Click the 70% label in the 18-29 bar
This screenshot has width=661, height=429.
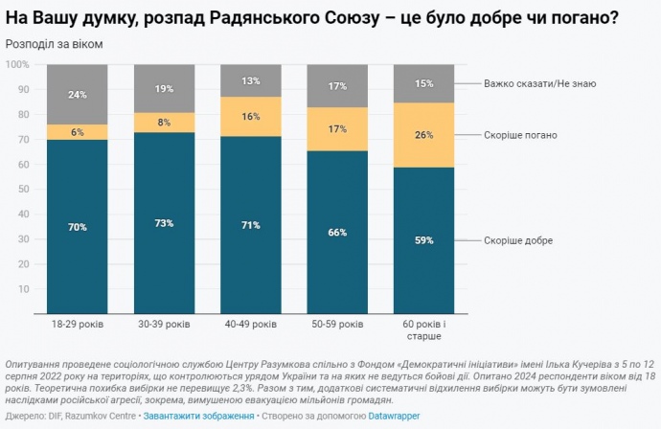(x=78, y=227)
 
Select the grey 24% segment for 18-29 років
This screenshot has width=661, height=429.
(x=78, y=95)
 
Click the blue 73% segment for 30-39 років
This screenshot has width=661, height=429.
(x=165, y=223)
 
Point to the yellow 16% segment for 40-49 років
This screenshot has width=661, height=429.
(x=251, y=116)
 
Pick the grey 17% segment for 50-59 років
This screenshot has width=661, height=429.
(x=338, y=86)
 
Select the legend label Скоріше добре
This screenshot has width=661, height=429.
(x=518, y=240)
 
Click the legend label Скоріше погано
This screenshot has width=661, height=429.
(x=520, y=135)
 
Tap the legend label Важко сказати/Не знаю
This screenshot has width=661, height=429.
(x=540, y=83)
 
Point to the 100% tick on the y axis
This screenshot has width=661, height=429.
(x=18, y=64)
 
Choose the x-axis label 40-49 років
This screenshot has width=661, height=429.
(x=251, y=325)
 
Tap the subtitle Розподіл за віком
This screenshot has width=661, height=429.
(x=54, y=44)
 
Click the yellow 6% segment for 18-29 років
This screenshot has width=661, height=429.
(x=78, y=132)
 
